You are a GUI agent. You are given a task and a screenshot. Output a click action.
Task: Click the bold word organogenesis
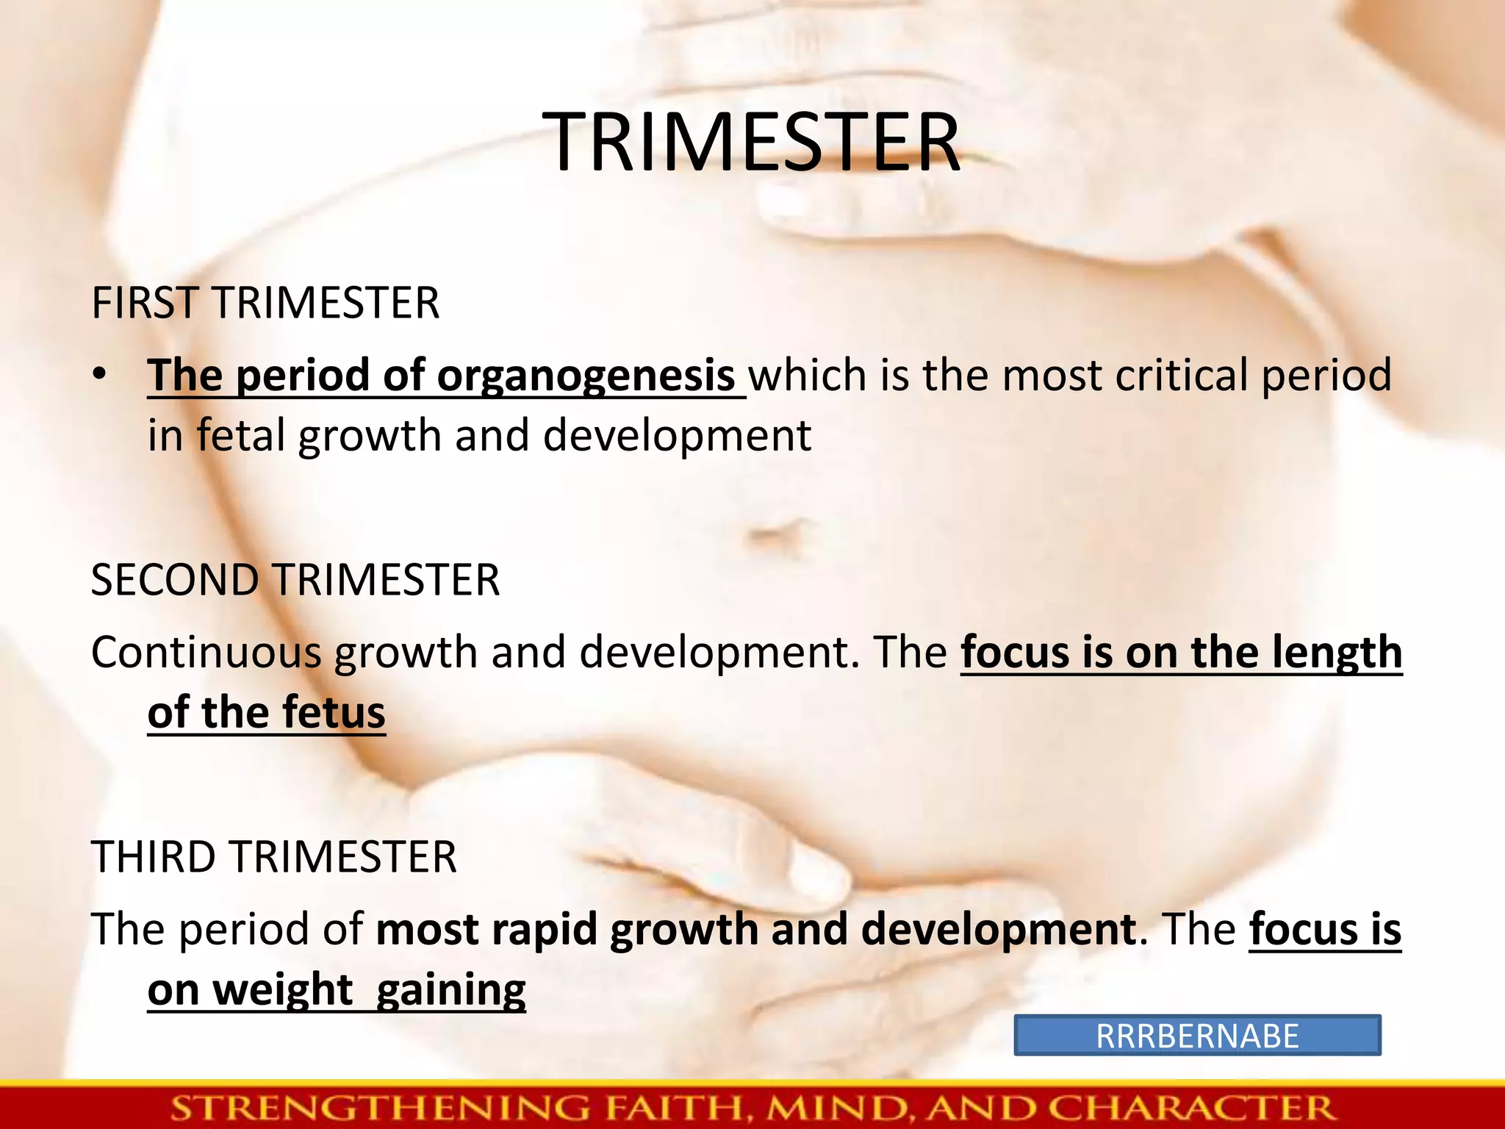click(x=586, y=376)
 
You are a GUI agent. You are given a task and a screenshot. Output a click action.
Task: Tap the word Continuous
click(x=206, y=653)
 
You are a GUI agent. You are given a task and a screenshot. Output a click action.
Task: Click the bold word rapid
click(x=544, y=930)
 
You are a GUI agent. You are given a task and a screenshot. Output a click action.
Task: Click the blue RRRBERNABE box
click(x=1196, y=1036)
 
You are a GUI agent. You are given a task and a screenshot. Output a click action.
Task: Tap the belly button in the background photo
click(x=777, y=532)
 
